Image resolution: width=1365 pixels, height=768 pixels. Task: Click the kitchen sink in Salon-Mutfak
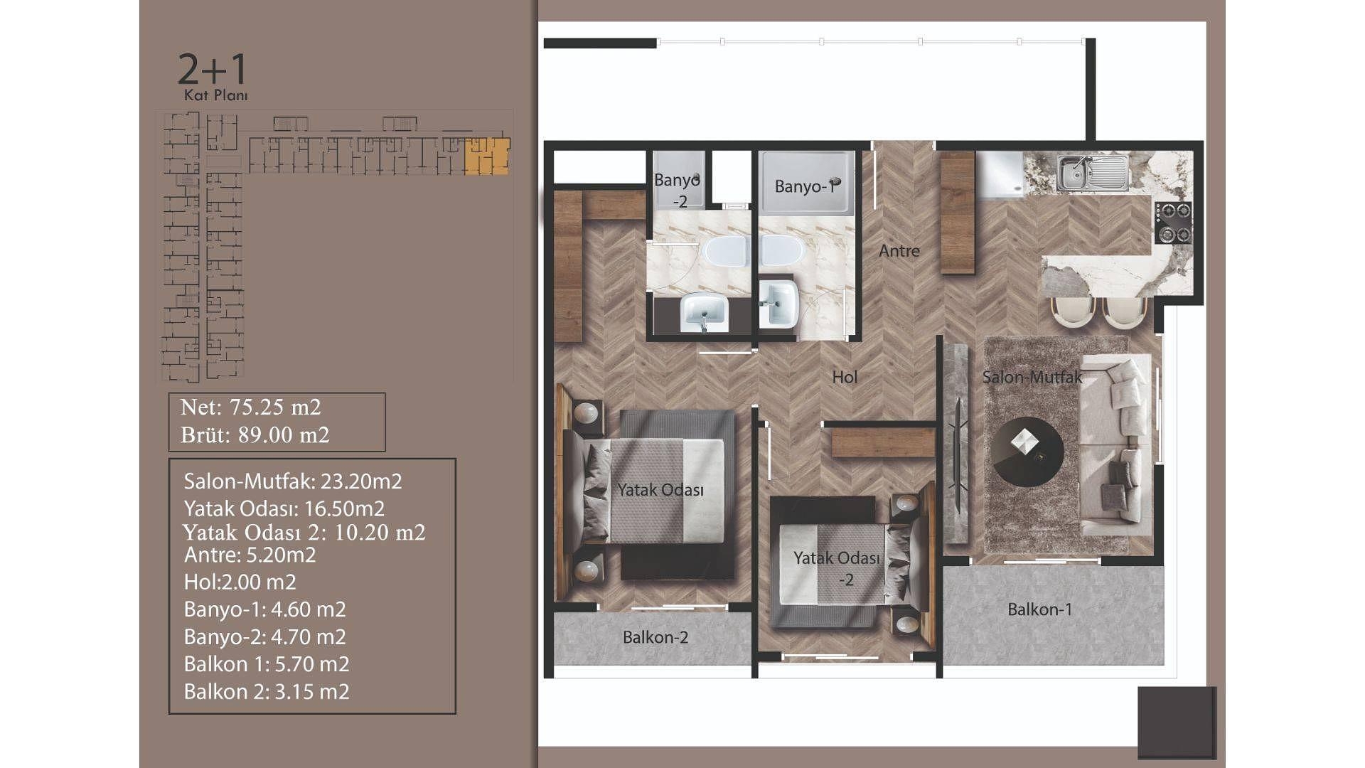(x=1092, y=174)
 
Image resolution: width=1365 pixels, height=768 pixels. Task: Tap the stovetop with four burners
(x=1172, y=223)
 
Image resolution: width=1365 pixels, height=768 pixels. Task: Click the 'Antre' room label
(x=899, y=251)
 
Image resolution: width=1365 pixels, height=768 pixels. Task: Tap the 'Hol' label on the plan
(x=845, y=377)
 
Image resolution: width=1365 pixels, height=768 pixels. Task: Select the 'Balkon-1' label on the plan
(x=1039, y=609)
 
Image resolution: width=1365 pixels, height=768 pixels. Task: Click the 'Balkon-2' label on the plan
(x=655, y=637)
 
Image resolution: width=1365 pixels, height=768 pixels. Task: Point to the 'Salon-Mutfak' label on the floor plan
(x=1032, y=377)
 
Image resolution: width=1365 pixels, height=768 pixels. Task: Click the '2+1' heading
(x=212, y=69)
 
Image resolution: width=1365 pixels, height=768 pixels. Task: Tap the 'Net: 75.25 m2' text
(x=250, y=407)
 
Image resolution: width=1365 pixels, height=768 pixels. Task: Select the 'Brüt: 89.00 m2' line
(x=255, y=434)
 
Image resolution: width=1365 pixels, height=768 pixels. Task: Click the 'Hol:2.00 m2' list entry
(x=240, y=582)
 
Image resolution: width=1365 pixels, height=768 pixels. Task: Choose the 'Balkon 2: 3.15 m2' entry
(x=267, y=691)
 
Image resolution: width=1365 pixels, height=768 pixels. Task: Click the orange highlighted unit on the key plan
(x=487, y=156)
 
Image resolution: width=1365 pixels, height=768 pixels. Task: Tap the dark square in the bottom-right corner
(x=1177, y=722)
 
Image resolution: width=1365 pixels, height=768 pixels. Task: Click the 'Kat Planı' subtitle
(x=215, y=95)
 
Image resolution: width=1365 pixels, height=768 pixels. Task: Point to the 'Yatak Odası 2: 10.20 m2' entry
(x=304, y=532)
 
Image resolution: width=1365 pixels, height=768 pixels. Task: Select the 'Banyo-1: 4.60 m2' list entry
(x=264, y=609)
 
